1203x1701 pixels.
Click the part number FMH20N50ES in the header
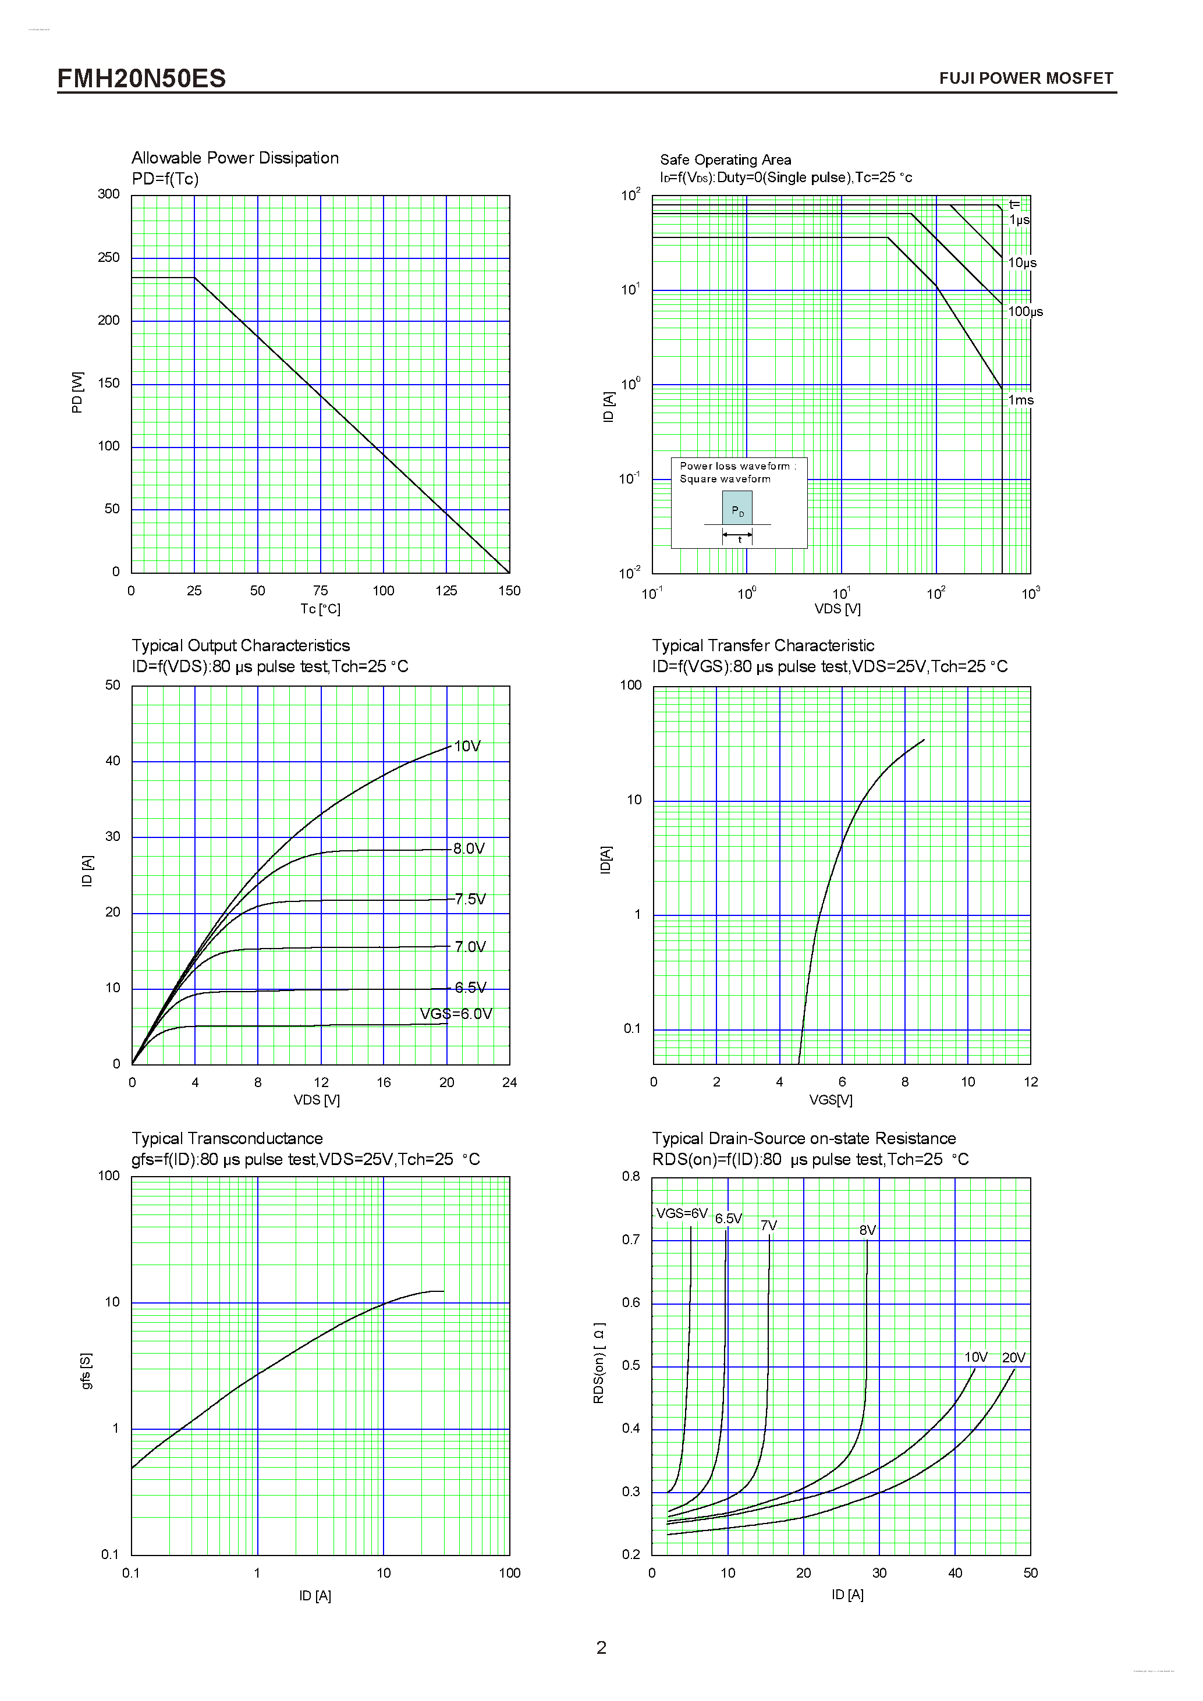pos(141,79)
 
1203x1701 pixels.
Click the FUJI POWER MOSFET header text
pos(1025,79)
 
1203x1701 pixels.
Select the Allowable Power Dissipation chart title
pos(235,158)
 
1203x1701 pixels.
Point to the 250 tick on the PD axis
pos(108,257)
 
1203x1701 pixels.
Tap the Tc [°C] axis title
pos(320,609)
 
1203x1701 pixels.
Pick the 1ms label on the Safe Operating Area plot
pos(1020,400)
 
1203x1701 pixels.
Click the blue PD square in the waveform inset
pos(737,508)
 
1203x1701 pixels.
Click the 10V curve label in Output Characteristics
pos(467,746)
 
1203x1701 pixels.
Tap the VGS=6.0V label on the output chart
pos(456,1014)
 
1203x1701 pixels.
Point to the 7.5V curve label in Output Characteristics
pos(470,900)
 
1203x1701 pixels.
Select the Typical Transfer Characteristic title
pos(762,645)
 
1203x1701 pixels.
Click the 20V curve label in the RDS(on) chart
pos(1013,1357)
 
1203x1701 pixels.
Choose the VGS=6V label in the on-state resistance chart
pos(682,1213)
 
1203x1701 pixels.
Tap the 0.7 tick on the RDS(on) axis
pos(630,1240)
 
